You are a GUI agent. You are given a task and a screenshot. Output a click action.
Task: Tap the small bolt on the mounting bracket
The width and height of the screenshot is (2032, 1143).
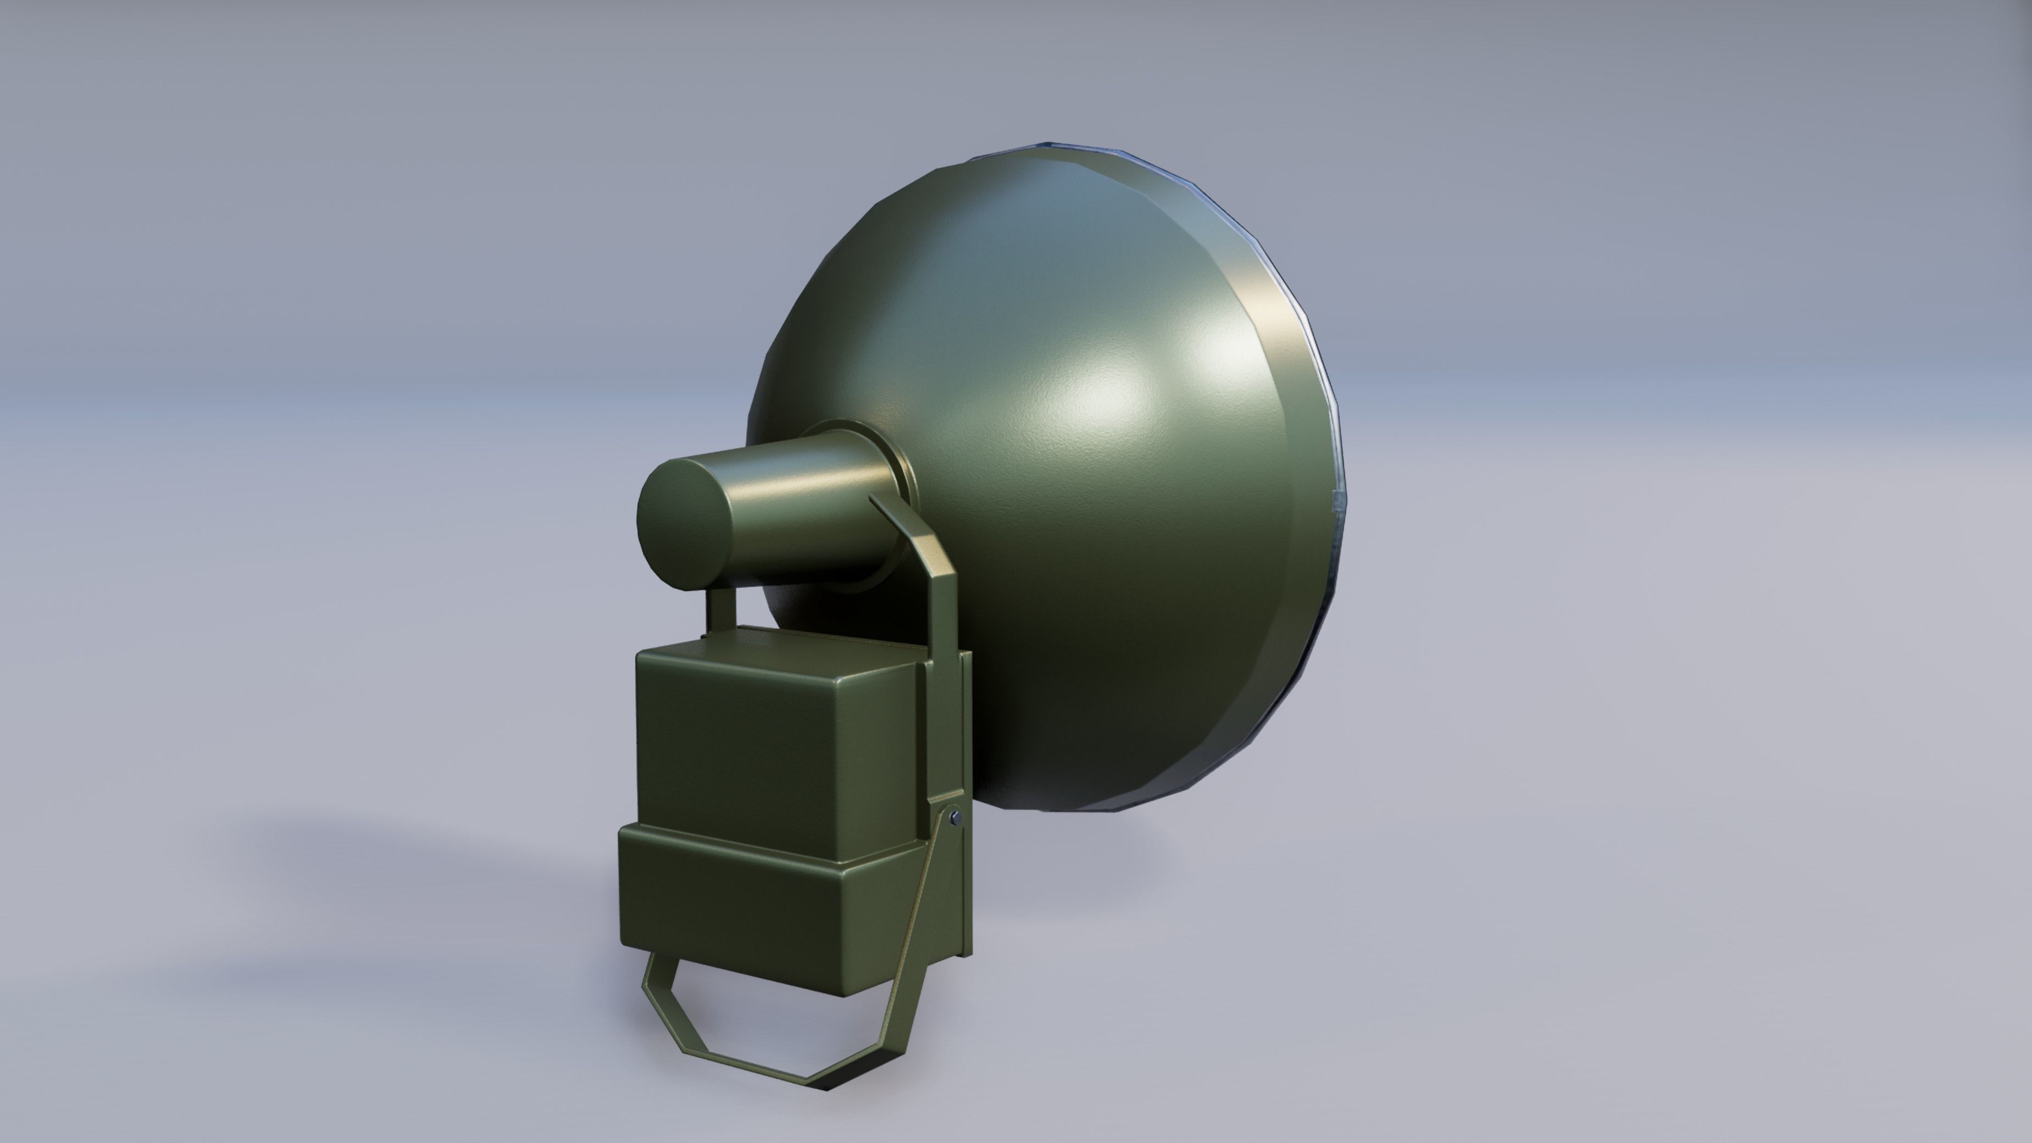[x=956, y=817]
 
